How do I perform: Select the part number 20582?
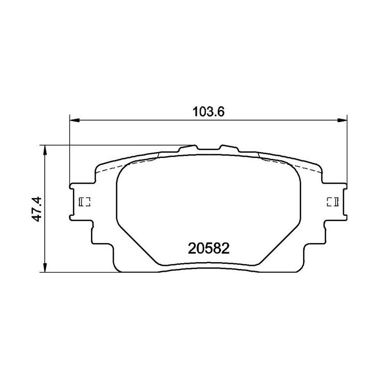tap(208, 247)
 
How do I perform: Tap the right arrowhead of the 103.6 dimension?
tap(343, 121)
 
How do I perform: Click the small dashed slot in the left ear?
tap(85, 202)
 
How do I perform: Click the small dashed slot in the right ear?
tap(333, 202)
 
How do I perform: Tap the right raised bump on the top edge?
tap(229, 148)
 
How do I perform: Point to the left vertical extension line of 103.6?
tap(70, 153)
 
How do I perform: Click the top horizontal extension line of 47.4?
tap(105, 145)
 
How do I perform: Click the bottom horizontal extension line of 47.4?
tap(79, 272)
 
